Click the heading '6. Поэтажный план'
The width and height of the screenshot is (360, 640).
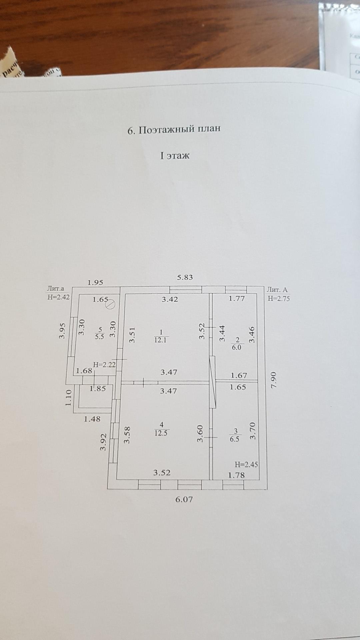click(x=174, y=129)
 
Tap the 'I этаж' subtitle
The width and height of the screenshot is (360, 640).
click(x=175, y=156)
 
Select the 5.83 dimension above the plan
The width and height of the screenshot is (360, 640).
click(x=185, y=277)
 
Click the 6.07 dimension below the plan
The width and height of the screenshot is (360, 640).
click(x=184, y=499)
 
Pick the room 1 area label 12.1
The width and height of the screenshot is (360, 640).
click(x=161, y=340)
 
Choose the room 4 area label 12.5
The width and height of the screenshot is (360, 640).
click(x=161, y=433)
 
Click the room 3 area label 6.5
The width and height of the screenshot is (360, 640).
click(x=235, y=439)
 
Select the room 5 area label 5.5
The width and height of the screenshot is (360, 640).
click(x=100, y=337)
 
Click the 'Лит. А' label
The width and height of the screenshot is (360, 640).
click(x=277, y=290)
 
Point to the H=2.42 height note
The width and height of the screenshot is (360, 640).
click(x=59, y=297)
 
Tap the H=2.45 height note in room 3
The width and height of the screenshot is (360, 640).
click(x=246, y=464)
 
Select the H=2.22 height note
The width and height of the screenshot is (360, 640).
click(x=104, y=365)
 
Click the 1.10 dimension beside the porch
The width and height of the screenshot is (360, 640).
click(x=69, y=398)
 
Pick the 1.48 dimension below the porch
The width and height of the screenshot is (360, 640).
click(x=92, y=419)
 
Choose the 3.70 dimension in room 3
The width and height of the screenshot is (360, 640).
click(x=252, y=431)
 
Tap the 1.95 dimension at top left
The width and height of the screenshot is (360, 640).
click(x=95, y=283)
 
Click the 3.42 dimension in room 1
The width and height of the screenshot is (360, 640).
click(x=170, y=299)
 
